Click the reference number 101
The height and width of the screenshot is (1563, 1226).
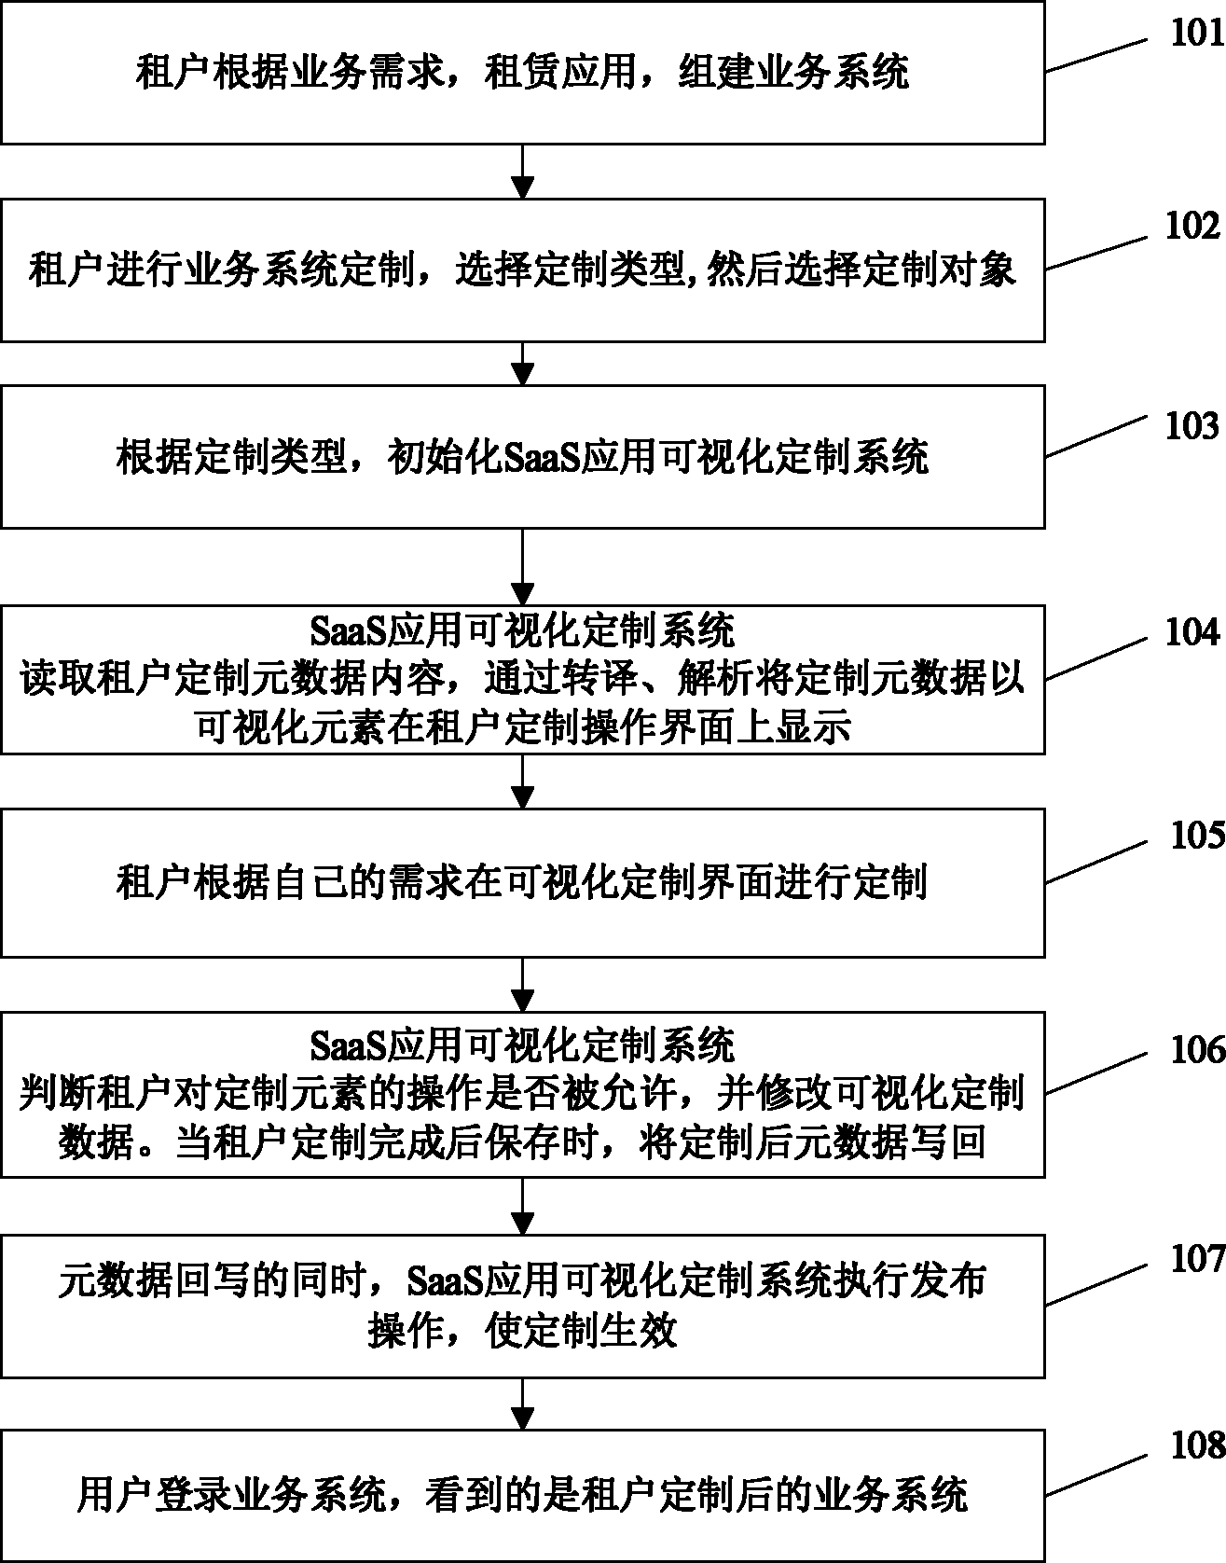click(x=1197, y=34)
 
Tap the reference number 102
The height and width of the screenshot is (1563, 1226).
click(x=1192, y=227)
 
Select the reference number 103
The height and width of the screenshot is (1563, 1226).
click(x=1192, y=426)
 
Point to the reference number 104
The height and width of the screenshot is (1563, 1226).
click(x=1192, y=632)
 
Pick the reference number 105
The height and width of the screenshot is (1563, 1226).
click(x=1197, y=836)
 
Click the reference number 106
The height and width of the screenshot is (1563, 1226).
click(x=1197, y=1050)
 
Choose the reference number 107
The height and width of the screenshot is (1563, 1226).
click(x=1197, y=1259)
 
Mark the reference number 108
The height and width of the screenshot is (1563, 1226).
click(x=1197, y=1446)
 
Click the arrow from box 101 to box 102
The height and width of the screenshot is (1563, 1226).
click(x=523, y=172)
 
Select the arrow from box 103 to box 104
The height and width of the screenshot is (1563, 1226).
click(x=523, y=566)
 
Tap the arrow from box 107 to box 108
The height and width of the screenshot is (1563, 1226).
click(x=523, y=1404)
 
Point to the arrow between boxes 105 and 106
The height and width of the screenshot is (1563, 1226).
click(x=523, y=985)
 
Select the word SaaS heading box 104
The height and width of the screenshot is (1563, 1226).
click(x=349, y=631)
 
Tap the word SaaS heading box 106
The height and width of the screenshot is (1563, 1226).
click(x=349, y=1044)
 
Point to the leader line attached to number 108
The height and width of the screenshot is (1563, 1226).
click(x=1096, y=1473)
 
